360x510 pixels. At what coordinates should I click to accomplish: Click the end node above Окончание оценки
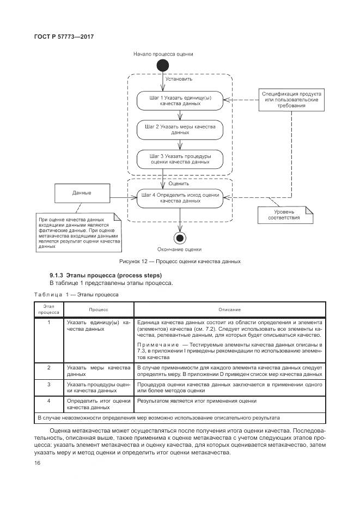coord(180,237)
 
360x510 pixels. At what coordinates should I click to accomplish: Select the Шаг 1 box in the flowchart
coord(180,101)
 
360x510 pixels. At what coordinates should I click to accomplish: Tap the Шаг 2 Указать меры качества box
coord(180,130)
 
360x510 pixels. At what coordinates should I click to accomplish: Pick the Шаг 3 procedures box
coord(180,159)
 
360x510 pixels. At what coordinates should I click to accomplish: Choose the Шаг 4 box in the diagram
coord(180,197)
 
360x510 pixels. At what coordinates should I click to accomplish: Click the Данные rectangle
coord(82,193)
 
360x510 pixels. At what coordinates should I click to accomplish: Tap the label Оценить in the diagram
coord(179,184)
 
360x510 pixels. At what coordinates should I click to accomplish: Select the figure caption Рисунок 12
coord(180,262)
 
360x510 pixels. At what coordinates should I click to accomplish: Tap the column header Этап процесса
coord(48,309)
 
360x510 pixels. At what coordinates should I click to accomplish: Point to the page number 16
coord(38,463)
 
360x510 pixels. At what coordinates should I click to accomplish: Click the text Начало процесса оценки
coord(163,54)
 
